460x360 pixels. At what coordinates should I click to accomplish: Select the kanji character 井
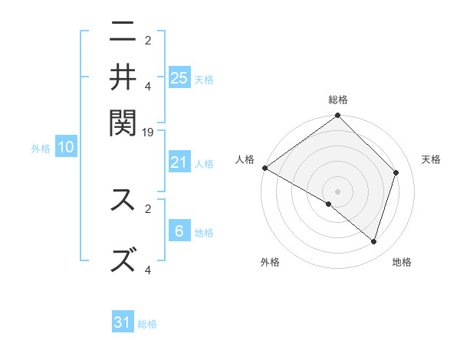pos(123,77)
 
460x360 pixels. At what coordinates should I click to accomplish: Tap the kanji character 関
pos(123,120)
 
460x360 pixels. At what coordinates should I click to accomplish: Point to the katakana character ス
pos(123,201)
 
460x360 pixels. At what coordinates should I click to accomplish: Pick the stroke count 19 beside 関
pos(149,133)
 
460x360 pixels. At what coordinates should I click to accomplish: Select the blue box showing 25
pos(179,77)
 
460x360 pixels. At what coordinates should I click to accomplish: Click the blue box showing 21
pos(179,162)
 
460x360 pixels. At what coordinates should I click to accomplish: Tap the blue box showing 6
pos(179,231)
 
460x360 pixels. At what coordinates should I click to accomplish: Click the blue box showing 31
pos(123,323)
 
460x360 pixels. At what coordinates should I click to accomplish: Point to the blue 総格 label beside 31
pos(147,324)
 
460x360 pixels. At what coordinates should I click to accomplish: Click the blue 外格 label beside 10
pos(41,149)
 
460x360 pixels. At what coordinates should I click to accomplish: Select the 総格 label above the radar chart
pos(338,100)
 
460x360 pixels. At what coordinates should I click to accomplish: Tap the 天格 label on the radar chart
pos(431,159)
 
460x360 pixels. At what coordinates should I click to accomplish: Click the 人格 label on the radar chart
pos(245,159)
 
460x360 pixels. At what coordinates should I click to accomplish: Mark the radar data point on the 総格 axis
pos(338,116)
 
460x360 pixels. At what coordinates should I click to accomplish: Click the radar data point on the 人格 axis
pos(264,168)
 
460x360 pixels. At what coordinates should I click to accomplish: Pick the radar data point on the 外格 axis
pos(329,205)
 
